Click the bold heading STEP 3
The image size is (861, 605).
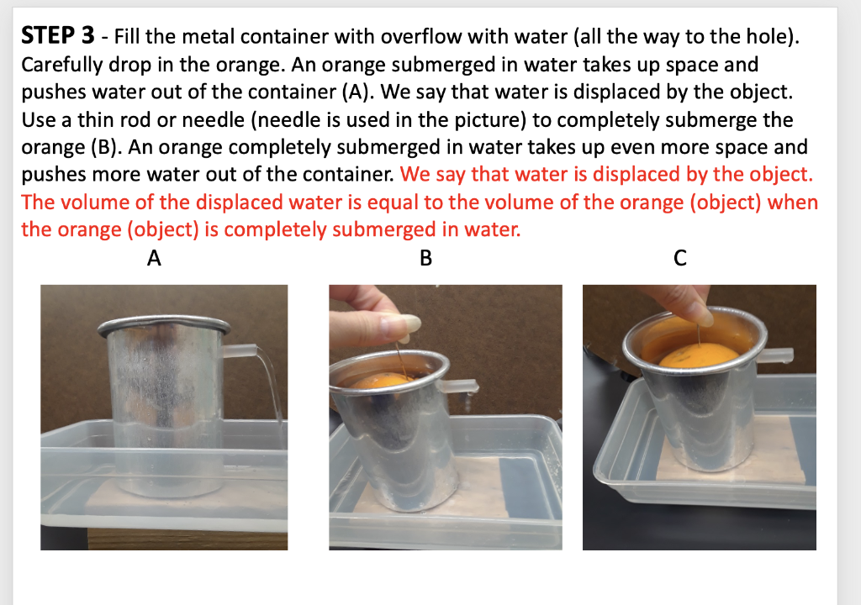pos(58,36)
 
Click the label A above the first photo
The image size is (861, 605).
pos(154,258)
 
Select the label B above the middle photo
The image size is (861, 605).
pos(425,258)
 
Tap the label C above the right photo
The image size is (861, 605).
pos(679,258)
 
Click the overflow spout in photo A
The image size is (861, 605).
pos(240,350)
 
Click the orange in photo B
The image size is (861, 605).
pos(379,381)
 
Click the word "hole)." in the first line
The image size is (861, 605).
pos(772,37)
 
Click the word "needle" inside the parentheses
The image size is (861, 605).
pos(291,119)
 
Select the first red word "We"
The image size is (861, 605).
pos(415,175)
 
